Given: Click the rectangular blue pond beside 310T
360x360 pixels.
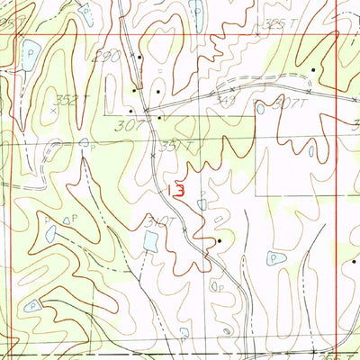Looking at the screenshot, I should (150, 240).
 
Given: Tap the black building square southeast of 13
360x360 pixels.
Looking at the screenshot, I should (219, 241).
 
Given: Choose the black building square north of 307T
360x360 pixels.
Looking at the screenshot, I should (313, 69).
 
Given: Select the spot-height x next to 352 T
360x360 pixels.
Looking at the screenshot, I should (55, 108).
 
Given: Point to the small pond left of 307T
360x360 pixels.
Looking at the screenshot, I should (260, 108).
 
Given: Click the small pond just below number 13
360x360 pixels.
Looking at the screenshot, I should (202, 204).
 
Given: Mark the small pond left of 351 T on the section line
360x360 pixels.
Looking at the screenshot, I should (84, 142).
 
